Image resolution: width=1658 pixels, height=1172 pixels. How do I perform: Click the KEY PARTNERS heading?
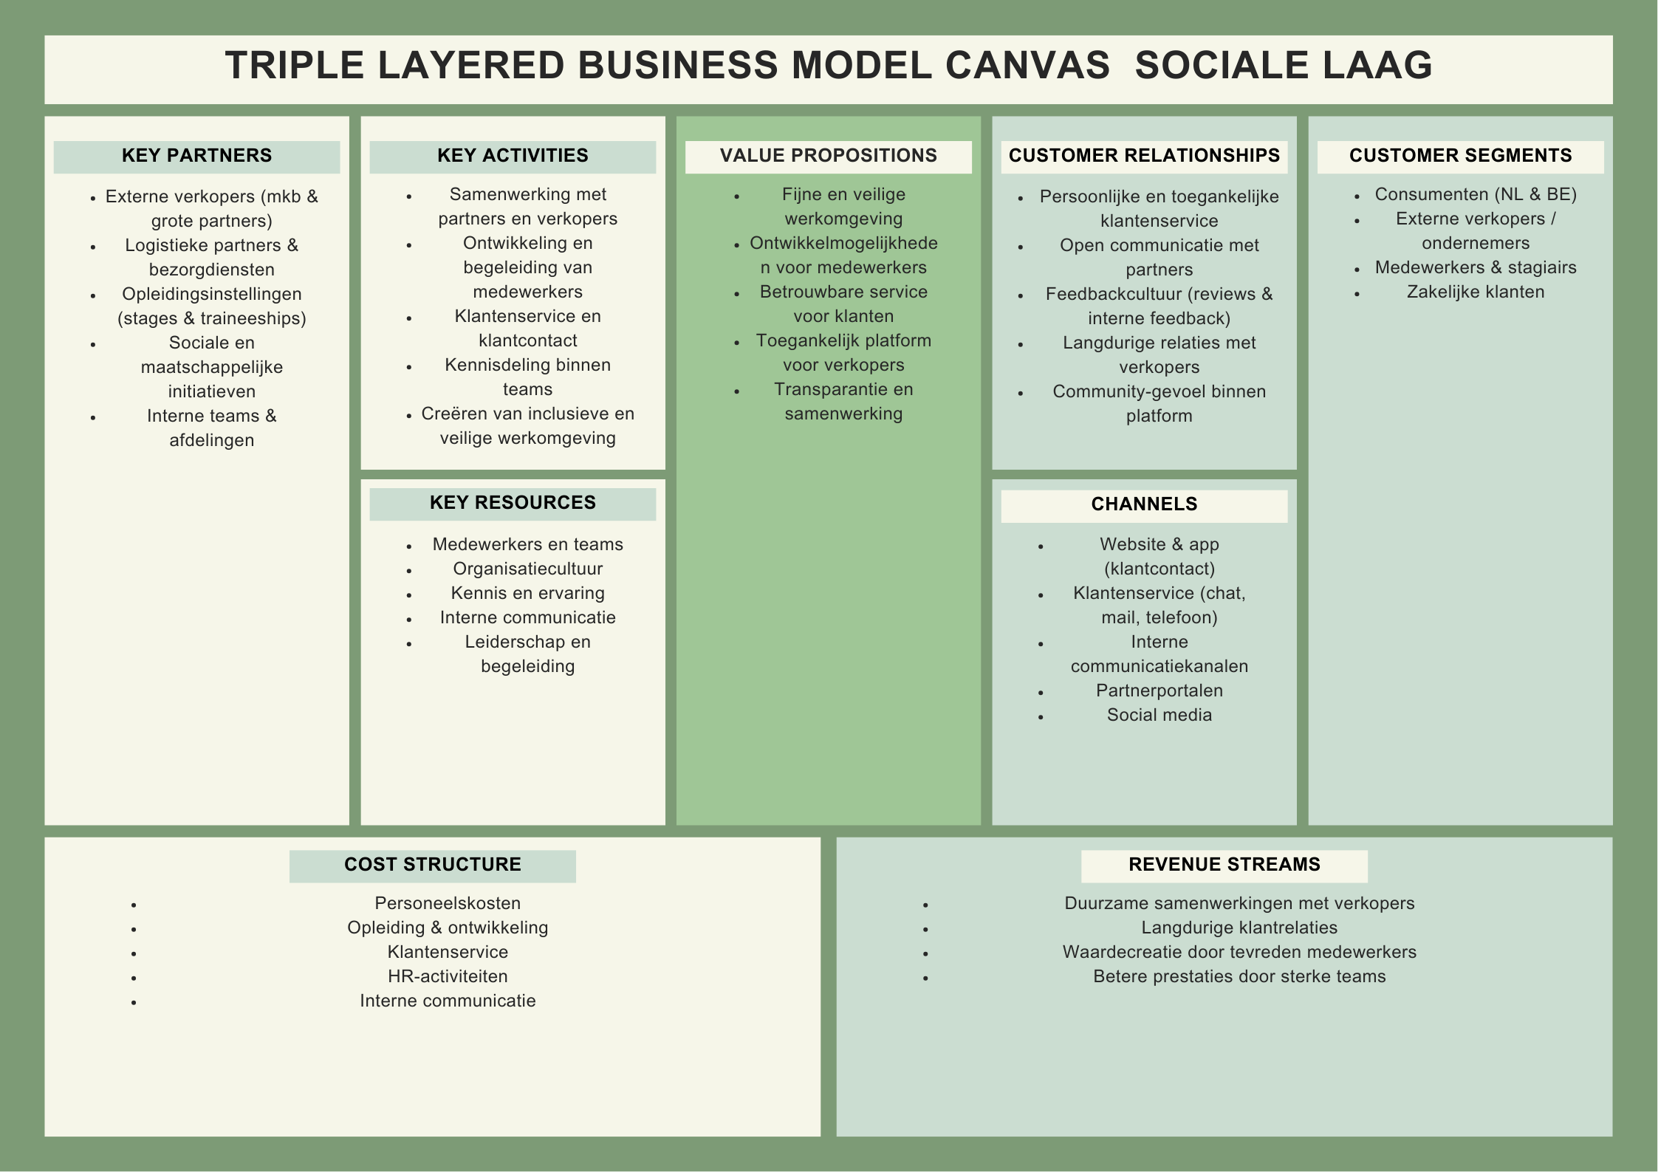196,156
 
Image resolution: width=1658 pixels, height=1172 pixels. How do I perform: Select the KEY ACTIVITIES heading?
513,156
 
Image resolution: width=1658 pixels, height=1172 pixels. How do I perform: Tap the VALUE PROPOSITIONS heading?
828,156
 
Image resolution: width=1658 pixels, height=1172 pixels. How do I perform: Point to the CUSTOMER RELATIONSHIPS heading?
1144,156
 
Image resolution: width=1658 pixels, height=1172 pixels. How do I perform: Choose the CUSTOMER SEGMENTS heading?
1460,156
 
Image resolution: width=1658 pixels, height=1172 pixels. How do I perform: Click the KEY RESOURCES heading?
513,503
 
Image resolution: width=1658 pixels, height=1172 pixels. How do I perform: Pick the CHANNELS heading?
1144,504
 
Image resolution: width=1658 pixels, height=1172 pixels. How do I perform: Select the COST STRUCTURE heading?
433,865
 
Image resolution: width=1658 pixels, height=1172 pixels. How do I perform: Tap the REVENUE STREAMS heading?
1224,865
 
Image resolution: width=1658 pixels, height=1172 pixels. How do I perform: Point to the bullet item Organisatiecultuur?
527,569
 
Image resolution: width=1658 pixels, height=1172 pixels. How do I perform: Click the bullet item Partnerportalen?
1159,690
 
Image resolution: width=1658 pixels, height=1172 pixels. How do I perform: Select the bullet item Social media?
1159,715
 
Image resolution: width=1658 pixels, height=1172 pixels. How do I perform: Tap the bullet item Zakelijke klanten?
1475,292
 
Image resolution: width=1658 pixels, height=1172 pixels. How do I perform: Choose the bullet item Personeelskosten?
448,903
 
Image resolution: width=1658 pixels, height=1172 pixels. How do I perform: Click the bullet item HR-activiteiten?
448,976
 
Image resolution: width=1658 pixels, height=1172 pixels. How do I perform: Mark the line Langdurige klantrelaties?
1239,928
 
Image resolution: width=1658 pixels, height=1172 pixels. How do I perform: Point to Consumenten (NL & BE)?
1475,194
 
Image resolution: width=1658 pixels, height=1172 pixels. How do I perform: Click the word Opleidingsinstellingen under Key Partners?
212,294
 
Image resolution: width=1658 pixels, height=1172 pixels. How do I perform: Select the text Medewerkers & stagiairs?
1475,267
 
